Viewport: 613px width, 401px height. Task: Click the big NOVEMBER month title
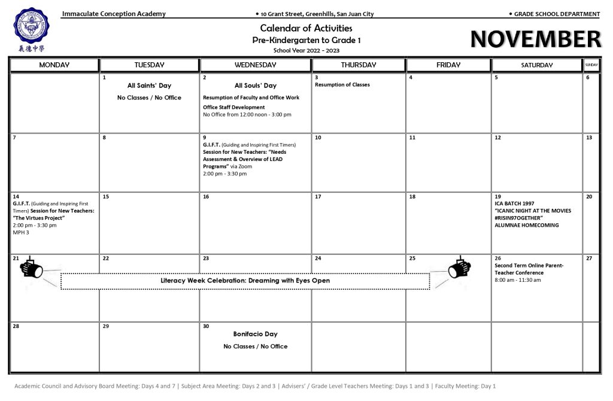(535, 40)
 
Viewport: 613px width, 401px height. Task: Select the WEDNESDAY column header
(255, 65)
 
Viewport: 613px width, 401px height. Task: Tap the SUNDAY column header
(591, 65)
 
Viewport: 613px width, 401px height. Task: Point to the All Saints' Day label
(149, 86)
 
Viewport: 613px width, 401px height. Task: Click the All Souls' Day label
(256, 86)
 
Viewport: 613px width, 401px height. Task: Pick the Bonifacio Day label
(255, 334)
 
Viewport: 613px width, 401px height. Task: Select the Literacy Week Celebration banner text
(245, 281)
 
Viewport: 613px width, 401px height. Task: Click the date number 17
(318, 196)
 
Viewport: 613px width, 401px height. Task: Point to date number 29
(106, 326)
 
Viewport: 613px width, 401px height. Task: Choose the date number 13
(589, 138)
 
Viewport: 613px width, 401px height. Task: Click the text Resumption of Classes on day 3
(342, 85)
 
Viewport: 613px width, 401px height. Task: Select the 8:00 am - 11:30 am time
(518, 280)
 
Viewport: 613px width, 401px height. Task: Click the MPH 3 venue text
(21, 232)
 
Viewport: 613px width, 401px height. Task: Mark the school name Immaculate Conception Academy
(114, 14)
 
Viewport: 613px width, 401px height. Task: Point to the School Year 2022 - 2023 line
(306, 50)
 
